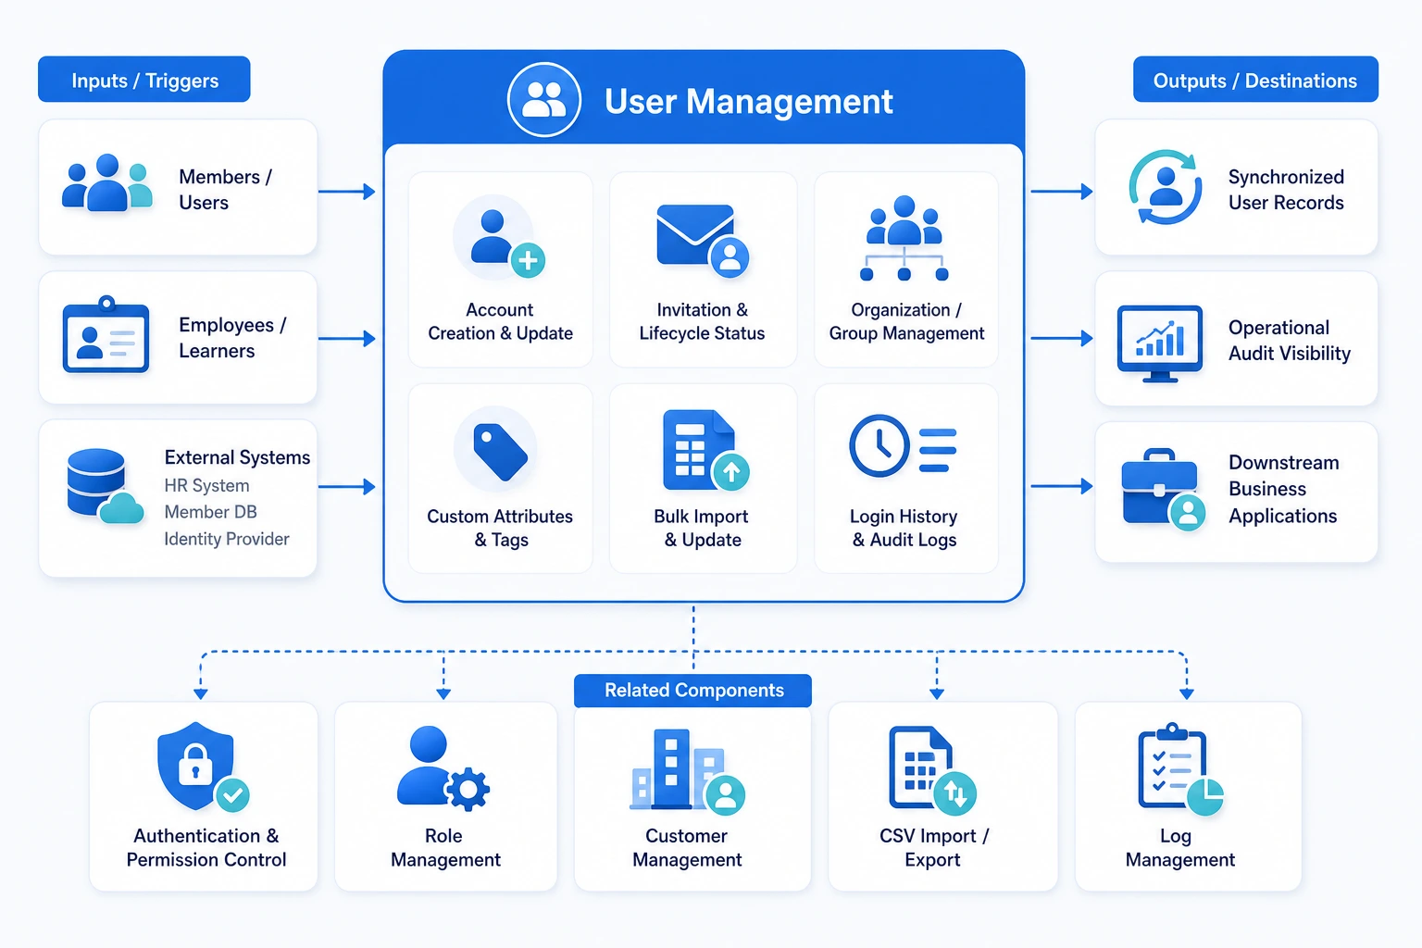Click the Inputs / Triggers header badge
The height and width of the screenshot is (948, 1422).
[x=144, y=80]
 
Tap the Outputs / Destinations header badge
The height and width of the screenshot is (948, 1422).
[x=1255, y=80]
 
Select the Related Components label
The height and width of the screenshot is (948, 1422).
[x=692, y=691]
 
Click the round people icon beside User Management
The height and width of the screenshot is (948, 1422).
[x=544, y=100]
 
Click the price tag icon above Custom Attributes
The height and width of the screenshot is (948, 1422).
[x=500, y=452]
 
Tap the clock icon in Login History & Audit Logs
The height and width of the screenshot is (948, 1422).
[x=879, y=445]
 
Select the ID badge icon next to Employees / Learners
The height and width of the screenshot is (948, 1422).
[x=106, y=334]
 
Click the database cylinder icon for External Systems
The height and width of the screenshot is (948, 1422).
[x=96, y=481]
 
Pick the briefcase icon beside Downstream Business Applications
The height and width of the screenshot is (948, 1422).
[x=1159, y=487]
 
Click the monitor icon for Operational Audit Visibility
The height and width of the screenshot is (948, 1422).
[x=1160, y=343]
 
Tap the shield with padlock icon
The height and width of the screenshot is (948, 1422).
[x=195, y=765]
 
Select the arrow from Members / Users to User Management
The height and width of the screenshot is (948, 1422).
[x=346, y=191]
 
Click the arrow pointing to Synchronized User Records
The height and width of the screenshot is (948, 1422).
[x=1062, y=191]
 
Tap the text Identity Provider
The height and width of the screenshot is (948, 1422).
[x=227, y=539]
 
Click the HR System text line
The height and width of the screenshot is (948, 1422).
[x=207, y=486]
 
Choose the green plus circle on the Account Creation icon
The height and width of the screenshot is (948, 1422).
[x=529, y=260]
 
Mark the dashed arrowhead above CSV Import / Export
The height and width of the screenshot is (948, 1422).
[x=936, y=693]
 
